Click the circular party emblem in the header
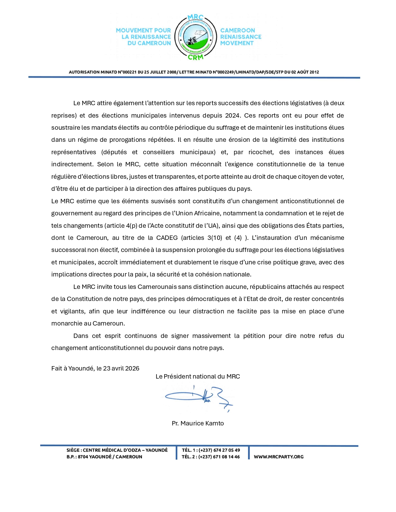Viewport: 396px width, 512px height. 195,37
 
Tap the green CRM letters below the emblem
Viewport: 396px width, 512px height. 196,57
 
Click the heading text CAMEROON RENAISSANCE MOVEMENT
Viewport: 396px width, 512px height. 240,37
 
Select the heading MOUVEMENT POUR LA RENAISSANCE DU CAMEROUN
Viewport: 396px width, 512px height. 143,37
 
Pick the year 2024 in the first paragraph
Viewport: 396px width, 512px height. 232,115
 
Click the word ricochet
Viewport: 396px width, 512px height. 261,152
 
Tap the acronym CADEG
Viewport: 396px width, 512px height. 167,238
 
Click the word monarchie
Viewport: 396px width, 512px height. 66,323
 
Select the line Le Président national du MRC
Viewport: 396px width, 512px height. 198,376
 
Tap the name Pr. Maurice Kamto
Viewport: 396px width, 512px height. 198,423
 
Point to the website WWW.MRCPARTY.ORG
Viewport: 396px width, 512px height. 279,456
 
